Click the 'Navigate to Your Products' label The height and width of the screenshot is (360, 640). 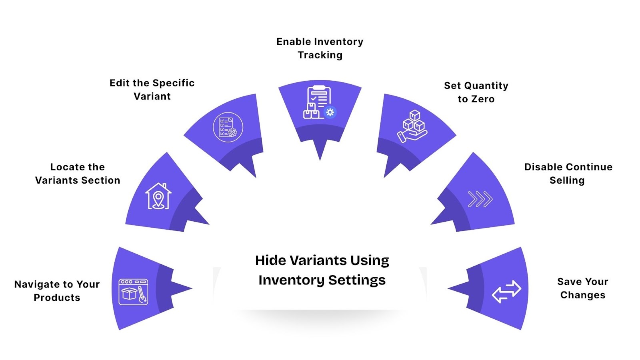point(57,291)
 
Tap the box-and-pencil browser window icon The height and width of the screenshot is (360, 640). point(133,292)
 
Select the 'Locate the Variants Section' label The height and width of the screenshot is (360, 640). point(78,174)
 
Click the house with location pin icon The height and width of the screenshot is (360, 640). point(158,196)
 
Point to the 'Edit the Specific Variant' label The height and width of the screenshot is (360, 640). point(152,90)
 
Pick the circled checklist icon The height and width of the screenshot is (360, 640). point(228,127)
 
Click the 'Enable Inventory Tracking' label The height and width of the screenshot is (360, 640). point(320,48)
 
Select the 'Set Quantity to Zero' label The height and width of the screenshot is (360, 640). point(476,92)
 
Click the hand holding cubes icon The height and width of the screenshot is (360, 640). point(412,126)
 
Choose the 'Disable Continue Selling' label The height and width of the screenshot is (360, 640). point(568,174)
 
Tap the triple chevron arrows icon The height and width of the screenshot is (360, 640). point(480,199)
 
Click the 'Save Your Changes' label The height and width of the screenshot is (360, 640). point(583,288)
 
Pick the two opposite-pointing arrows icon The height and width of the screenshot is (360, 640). point(506,292)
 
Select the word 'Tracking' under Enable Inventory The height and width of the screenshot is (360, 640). point(320,55)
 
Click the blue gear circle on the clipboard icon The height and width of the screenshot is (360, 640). point(330,112)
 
